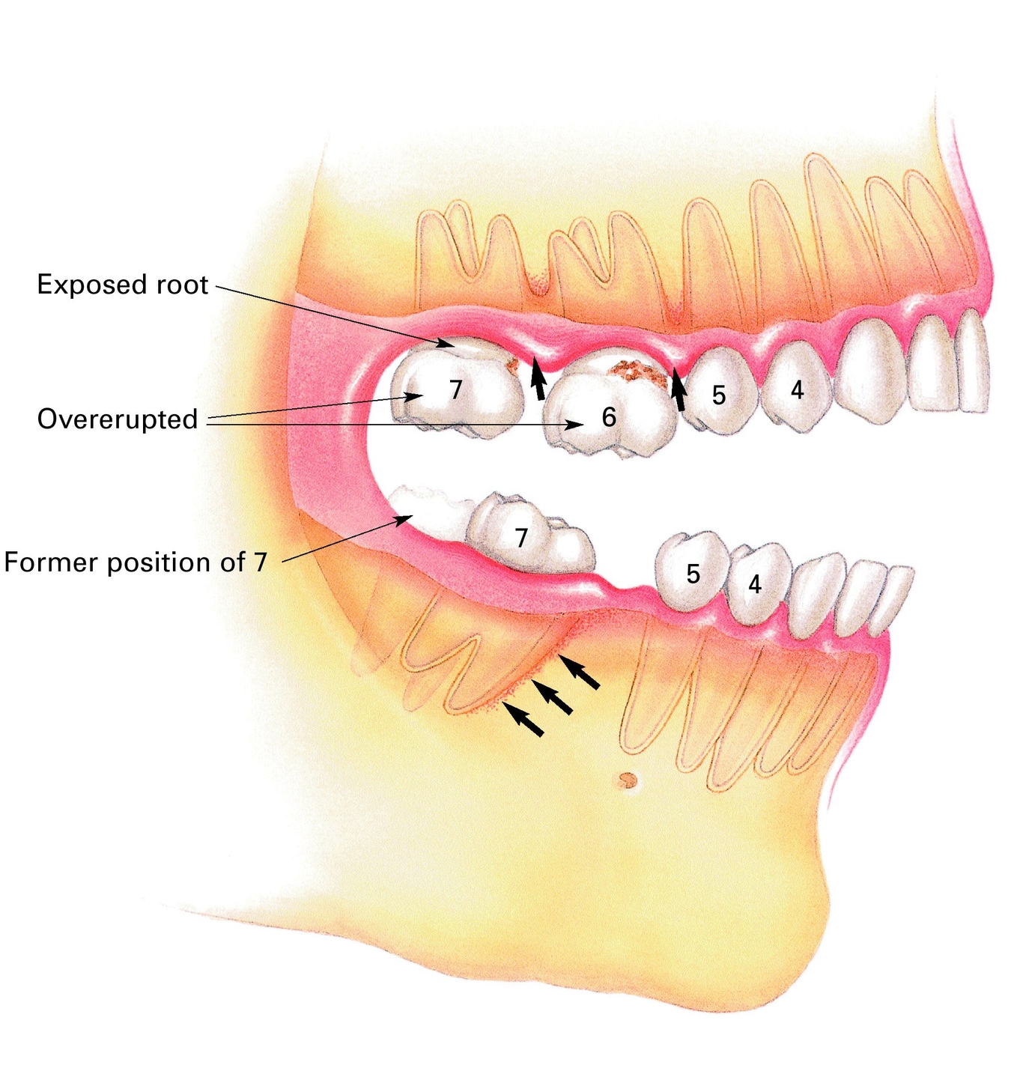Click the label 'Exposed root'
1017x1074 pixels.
(123, 285)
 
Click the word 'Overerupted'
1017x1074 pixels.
(118, 419)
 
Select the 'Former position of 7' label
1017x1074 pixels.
(136, 562)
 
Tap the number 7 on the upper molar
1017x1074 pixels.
(455, 389)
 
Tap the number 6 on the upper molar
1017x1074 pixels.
(609, 417)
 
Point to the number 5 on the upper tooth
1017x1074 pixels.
(719, 395)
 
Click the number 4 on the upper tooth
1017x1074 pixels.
(797, 389)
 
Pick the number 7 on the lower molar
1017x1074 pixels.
(521, 537)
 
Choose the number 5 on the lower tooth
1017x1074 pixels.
(693, 574)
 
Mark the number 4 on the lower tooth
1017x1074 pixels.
(755, 584)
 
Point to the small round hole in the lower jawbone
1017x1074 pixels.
(626, 781)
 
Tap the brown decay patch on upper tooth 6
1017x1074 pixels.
(637, 372)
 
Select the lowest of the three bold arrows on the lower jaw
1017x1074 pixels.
(524, 720)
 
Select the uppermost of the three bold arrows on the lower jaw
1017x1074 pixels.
(580, 672)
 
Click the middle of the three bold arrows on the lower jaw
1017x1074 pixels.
(553, 697)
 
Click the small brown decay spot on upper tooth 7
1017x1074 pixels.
(513, 366)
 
